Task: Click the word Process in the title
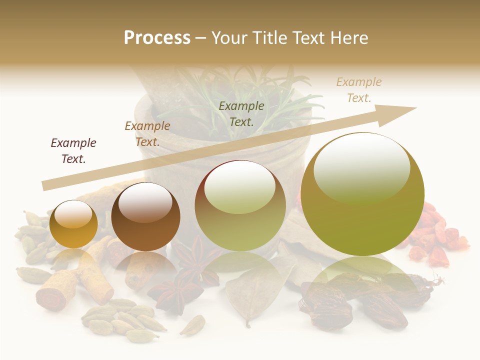click(x=157, y=37)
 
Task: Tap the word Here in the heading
click(x=348, y=37)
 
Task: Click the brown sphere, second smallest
click(x=145, y=217)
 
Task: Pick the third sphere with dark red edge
click(x=240, y=206)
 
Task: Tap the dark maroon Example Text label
click(x=73, y=151)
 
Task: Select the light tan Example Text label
click(x=358, y=90)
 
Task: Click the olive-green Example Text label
click(x=241, y=113)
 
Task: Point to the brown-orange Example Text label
click(x=147, y=133)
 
